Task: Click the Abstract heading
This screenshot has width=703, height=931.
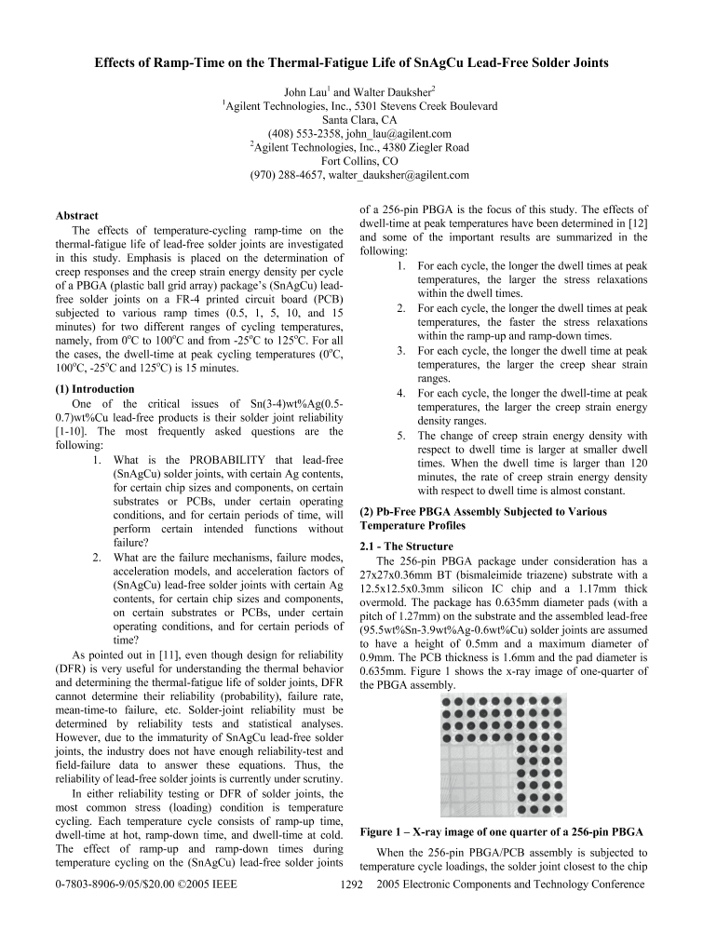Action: (77, 216)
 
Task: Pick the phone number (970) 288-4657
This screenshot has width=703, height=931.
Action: (284, 174)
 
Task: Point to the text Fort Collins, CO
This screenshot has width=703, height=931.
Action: (350, 160)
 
